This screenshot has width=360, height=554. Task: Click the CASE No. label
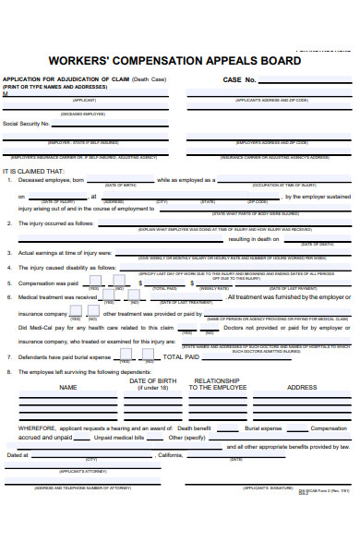click(239, 80)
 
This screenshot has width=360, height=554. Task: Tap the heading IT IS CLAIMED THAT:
click(34, 171)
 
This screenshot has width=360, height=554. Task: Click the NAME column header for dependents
click(67, 388)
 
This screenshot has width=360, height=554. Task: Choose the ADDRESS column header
click(303, 388)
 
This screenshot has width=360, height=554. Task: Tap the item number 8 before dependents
click(8, 372)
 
